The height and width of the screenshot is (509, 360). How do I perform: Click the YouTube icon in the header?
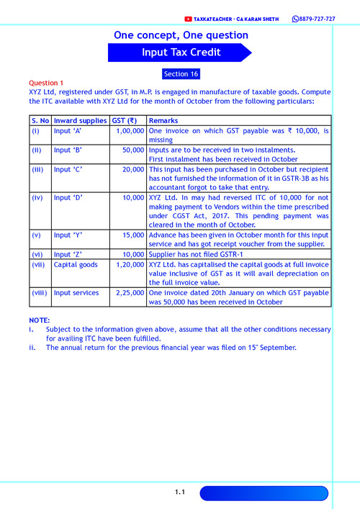click(x=189, y=19)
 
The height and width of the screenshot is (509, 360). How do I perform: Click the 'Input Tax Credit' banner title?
click(x=180, y=53)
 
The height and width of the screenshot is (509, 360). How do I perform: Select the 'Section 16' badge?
click(x=181, y=74)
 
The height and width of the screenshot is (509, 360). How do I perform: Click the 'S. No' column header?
click(x=40, y=120)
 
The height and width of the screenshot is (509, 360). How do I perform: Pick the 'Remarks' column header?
click(x=163, y=120)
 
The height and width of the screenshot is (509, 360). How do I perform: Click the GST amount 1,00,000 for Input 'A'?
click(x=130, y=131)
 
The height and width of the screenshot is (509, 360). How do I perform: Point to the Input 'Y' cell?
click(x=68, y=235)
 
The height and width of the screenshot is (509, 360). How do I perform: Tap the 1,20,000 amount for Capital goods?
click(x=130, y=264)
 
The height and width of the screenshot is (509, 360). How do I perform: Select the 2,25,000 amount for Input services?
click(x=130, y=292)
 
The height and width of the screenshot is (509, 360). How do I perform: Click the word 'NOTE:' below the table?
click(x=40, y=320)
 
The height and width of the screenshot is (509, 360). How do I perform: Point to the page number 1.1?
click(x=180, y=492)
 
